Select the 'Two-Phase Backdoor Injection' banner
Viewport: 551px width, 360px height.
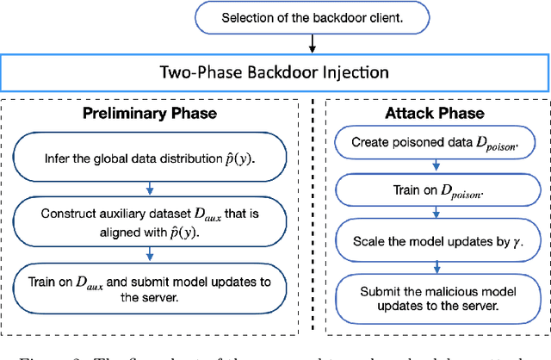pos(275,71)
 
